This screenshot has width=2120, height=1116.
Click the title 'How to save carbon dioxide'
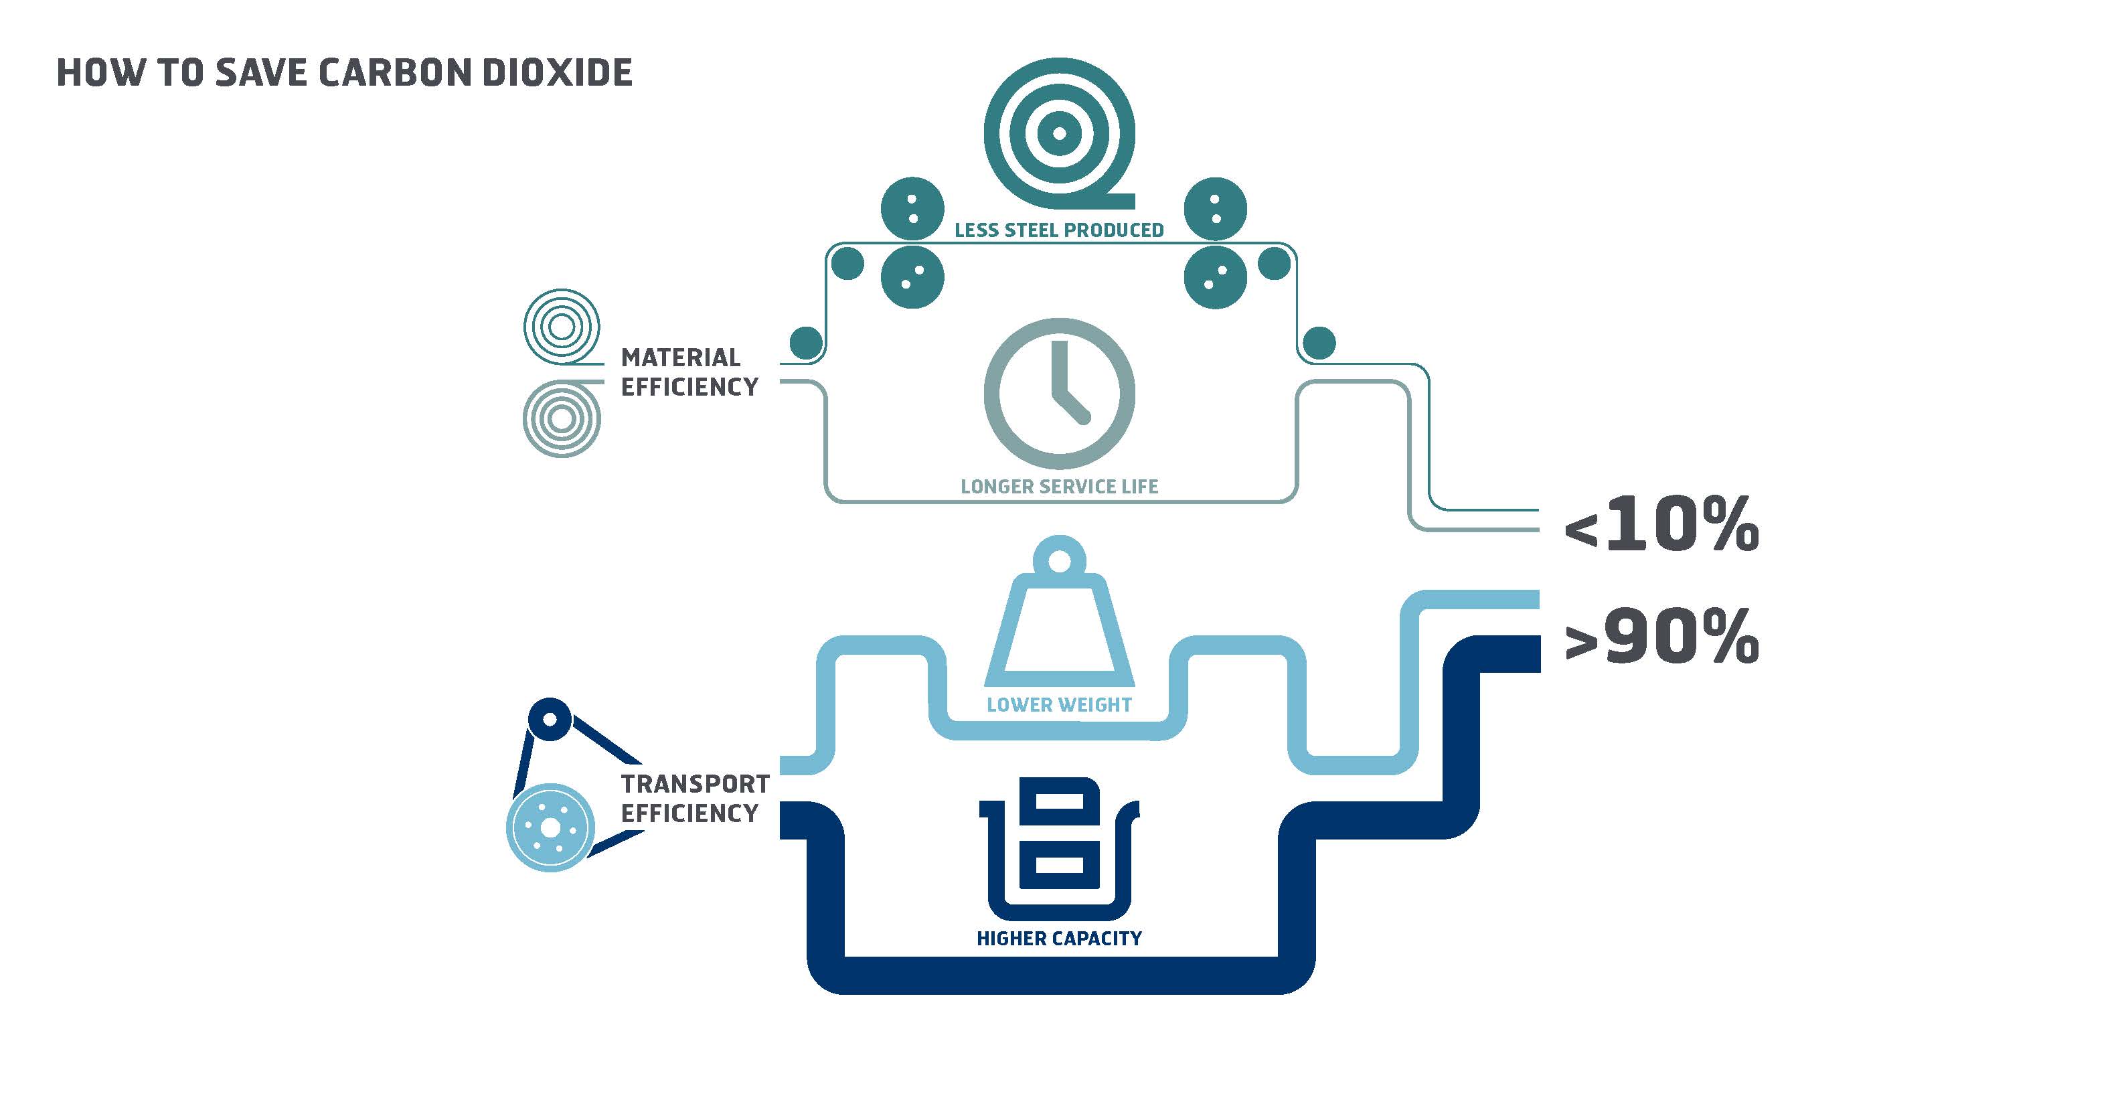pos(344,72)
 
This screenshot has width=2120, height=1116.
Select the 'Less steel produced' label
pos(1059,230)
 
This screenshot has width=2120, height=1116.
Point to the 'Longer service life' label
pos(1059,487)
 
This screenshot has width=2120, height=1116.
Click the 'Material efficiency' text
pos(689,372)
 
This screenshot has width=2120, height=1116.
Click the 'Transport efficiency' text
pos(696,798)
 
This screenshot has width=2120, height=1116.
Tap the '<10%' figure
pos(1661,524)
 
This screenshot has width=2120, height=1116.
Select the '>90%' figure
pos(1661,635)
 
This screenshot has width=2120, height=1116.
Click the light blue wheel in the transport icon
pos(550,827)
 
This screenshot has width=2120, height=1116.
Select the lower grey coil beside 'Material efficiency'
pos(562,418)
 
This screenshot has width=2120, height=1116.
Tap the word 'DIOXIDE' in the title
pos(557,72)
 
